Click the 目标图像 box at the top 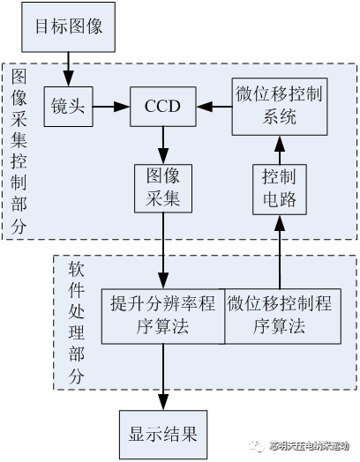click(69, 27)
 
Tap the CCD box click(162, 107)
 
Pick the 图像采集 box click(162, 187)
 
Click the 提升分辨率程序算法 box click(163, 315)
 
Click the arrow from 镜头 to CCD click(110, 107)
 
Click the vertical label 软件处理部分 click(76, 323)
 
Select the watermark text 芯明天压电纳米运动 click(312, 444)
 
